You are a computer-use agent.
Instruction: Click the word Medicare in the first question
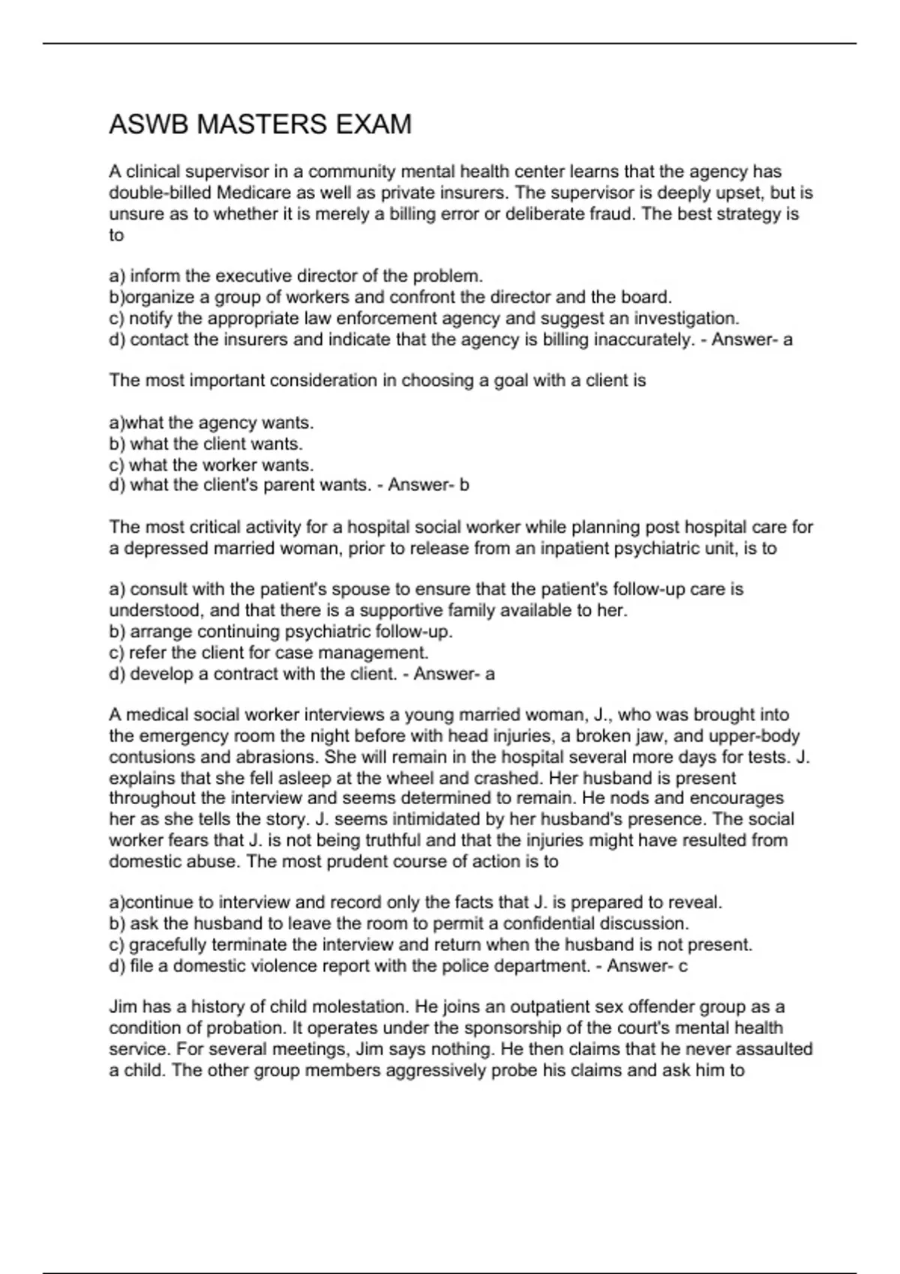[x=248, y=193]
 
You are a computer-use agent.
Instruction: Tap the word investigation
[x=687, y=318]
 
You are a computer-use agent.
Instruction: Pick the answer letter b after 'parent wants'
[x=464, y=486]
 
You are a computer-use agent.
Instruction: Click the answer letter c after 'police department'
[x=682, y=967]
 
